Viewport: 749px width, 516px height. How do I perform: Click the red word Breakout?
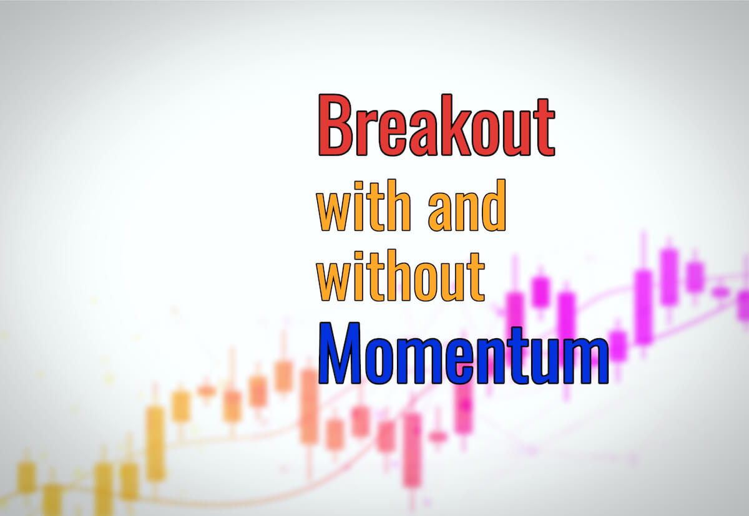[x=437, y=125]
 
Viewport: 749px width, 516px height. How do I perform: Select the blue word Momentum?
[x=463, y=353]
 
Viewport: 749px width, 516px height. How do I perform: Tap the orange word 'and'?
[x=467, y=205]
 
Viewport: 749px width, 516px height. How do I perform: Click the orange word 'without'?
[x=401, y=275]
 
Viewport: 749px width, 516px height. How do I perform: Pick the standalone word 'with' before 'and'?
[x=363, y=205]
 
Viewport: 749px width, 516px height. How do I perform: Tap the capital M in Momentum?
[x=340, y=353]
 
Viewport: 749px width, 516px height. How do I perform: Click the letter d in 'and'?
[x=494, y=205]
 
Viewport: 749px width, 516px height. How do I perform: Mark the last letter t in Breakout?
[x=544, y=128]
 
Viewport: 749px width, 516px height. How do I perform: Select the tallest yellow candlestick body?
[x=155, y=444]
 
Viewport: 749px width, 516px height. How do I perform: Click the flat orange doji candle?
[x=207, y=391]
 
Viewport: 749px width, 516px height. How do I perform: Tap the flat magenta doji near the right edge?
[x=720, y=292]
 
